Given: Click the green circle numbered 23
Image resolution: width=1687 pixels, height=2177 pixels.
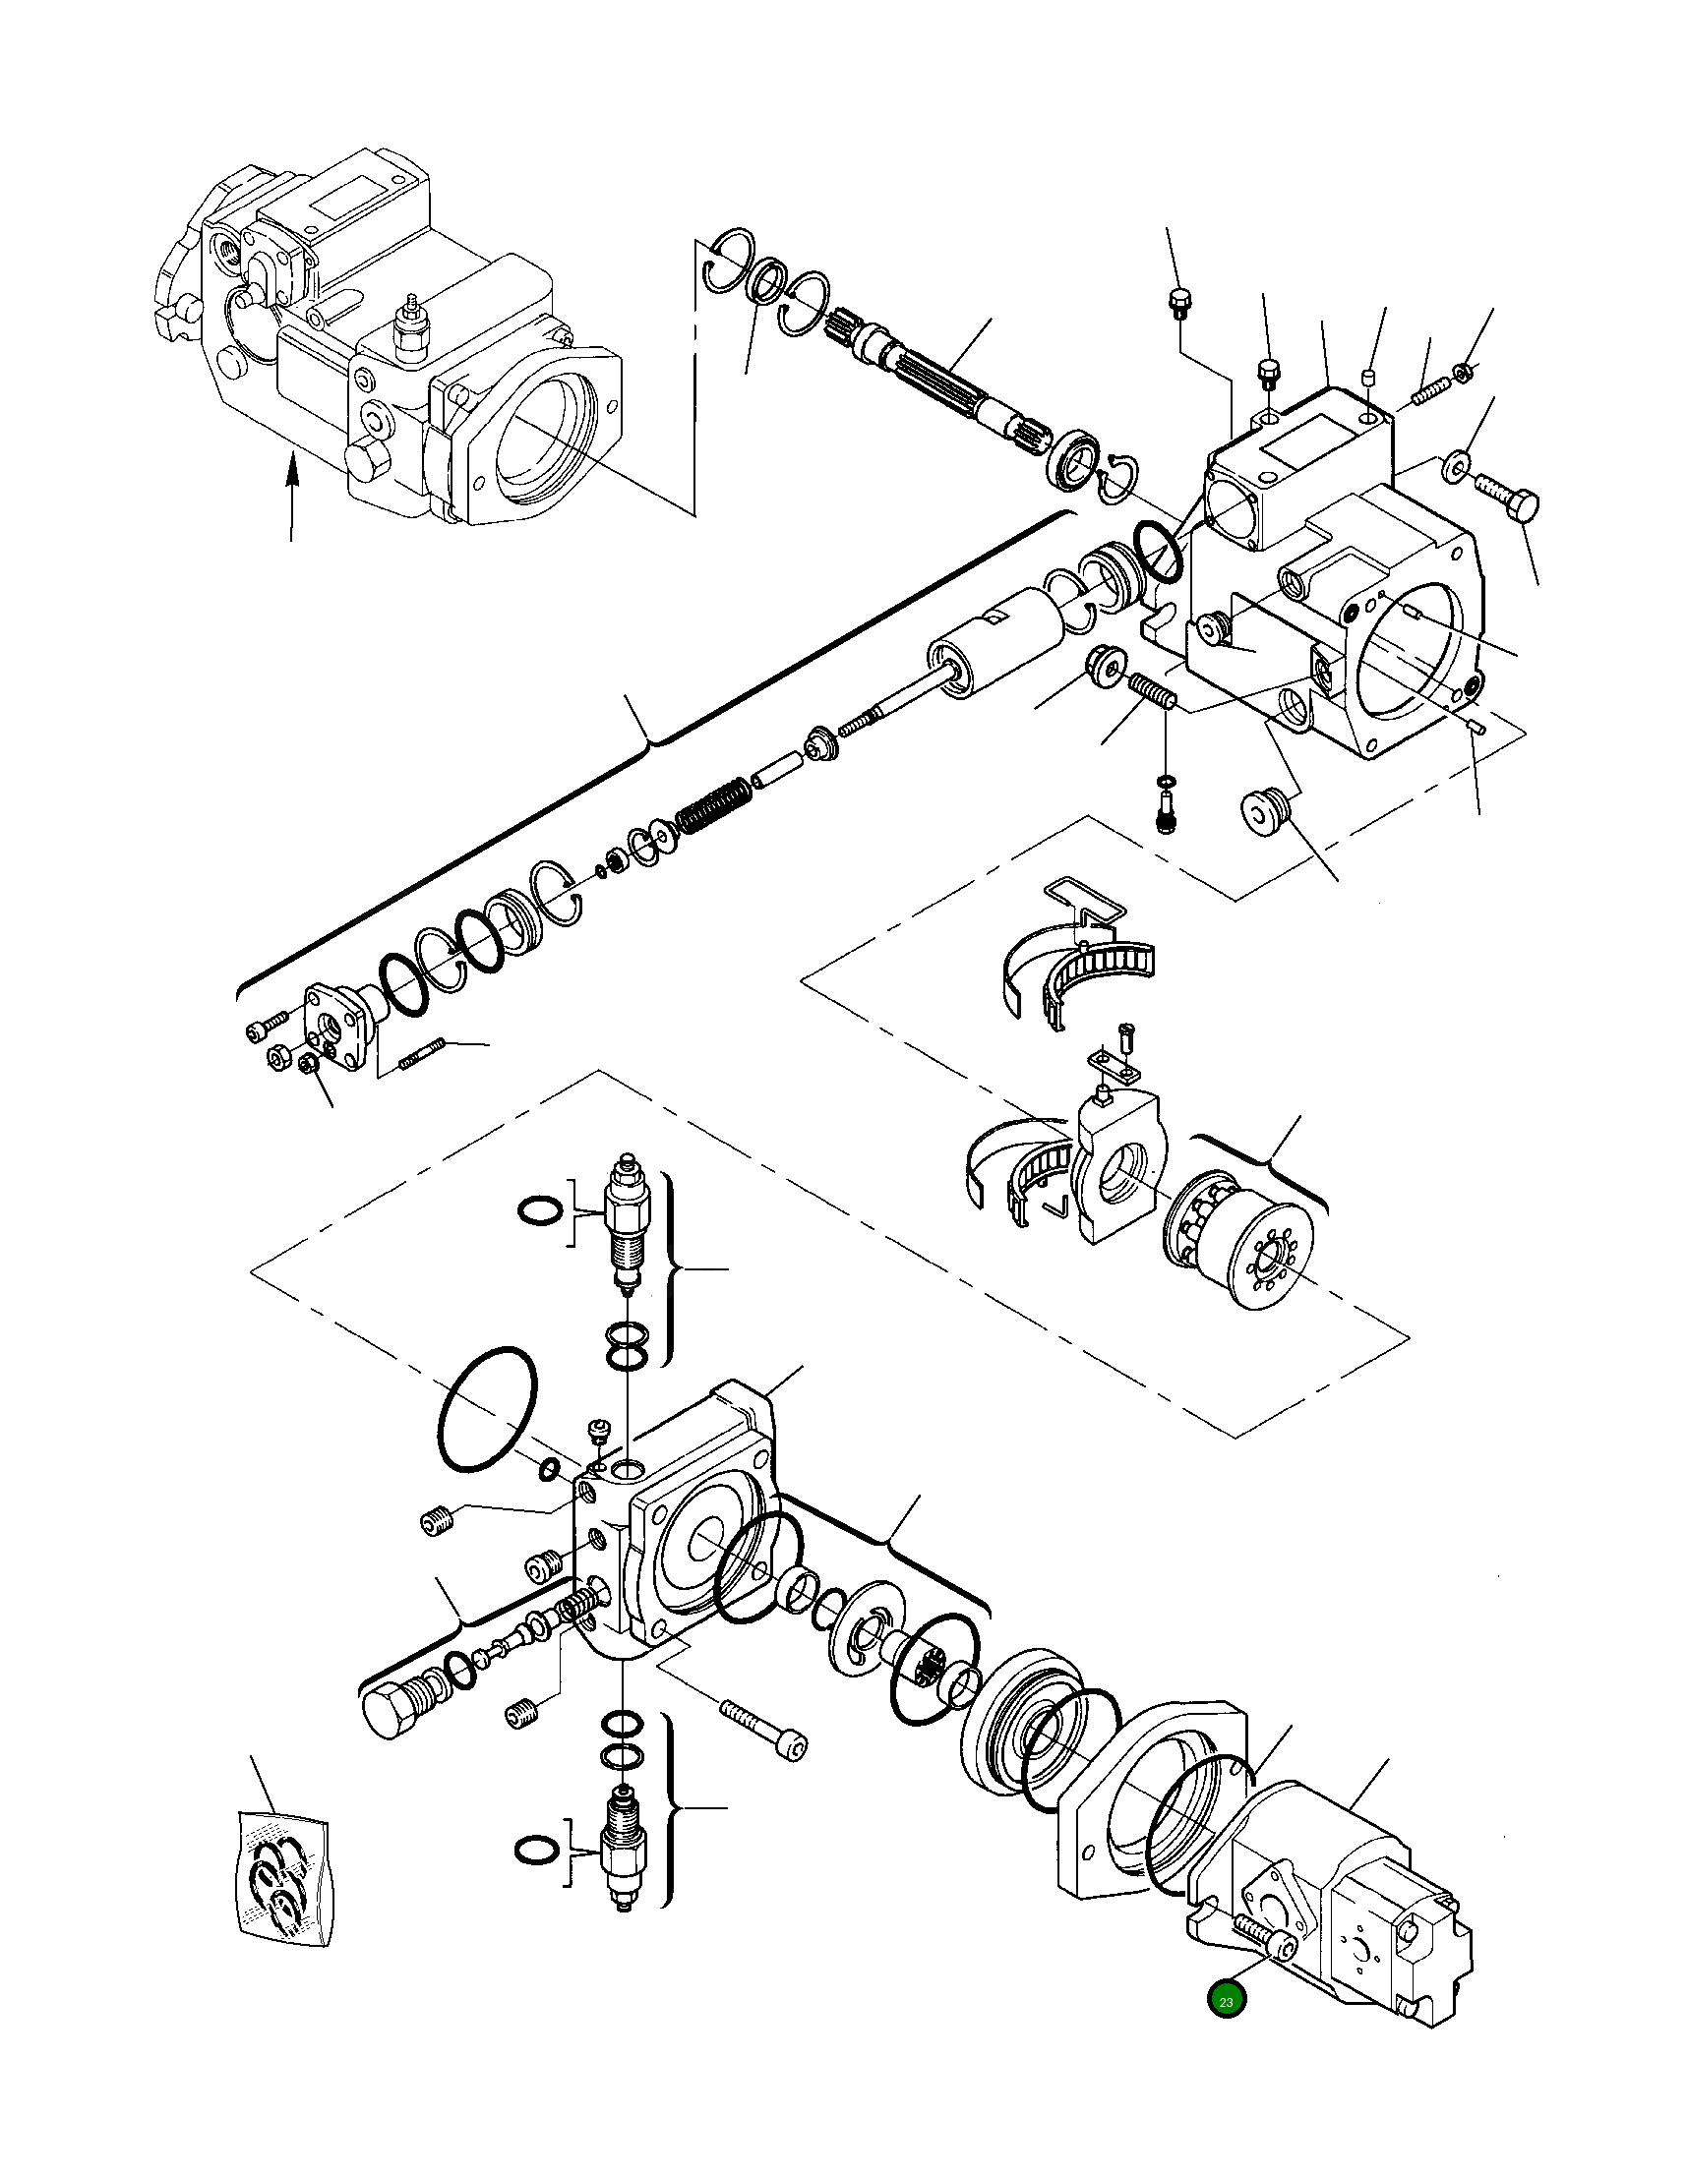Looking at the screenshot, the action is point(1226,2002).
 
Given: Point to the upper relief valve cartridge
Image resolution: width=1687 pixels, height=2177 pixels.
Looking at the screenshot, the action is point(628,1225).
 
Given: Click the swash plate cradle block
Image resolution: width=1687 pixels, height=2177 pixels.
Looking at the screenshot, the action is point(1117,1165).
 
